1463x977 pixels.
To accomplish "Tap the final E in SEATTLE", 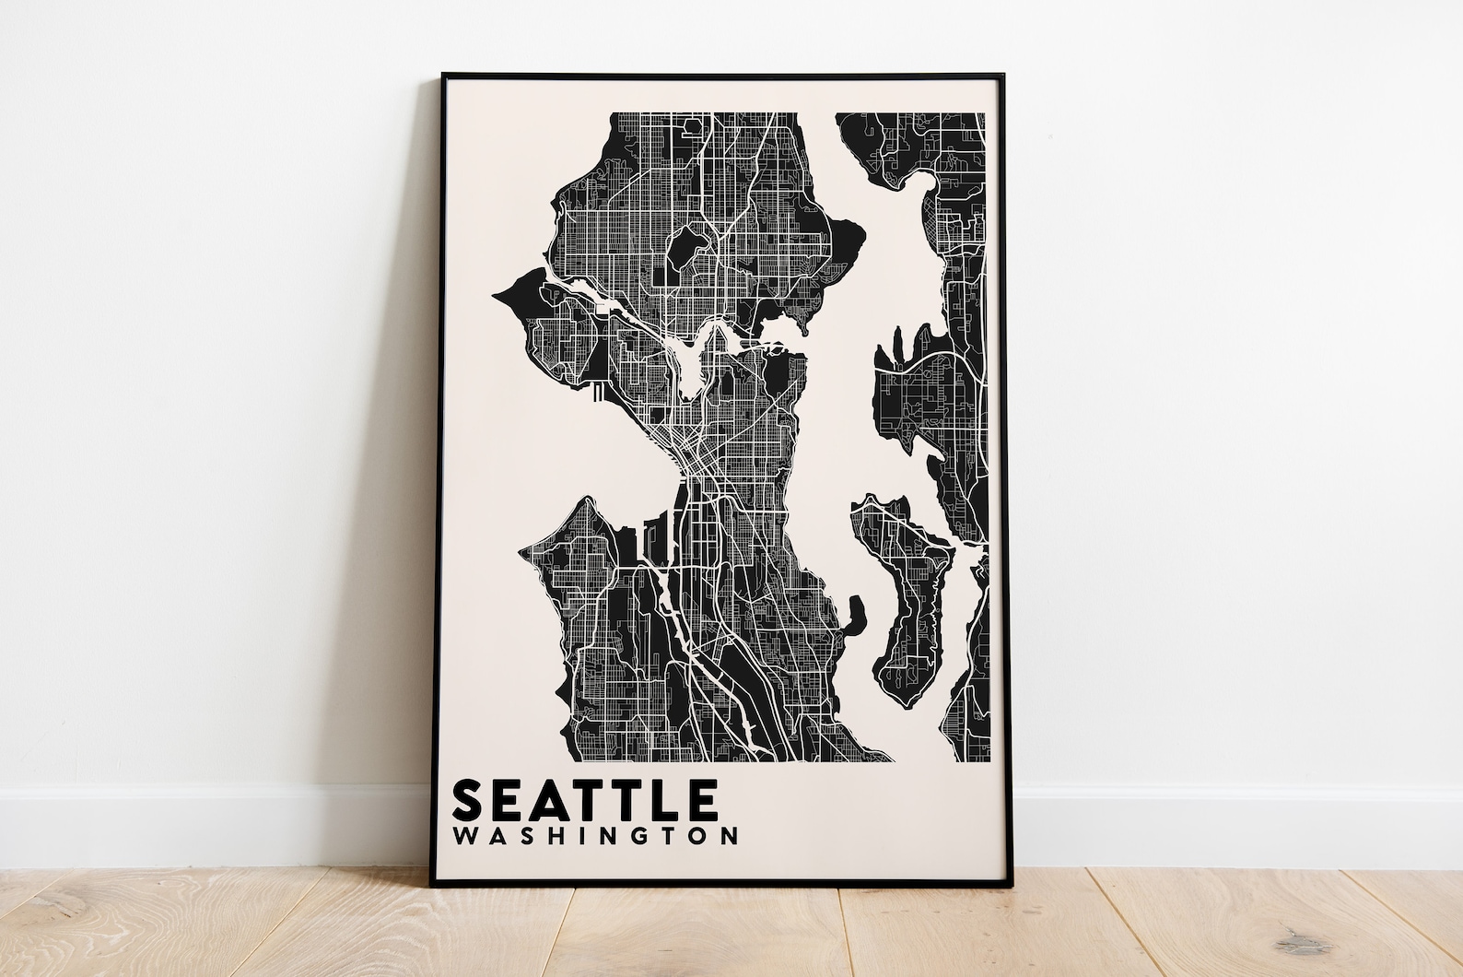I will pyautogui.click(x=699, y=799).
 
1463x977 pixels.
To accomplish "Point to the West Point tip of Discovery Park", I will pyautogui.click(x=498, y=295).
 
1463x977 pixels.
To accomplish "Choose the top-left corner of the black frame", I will pyautogui.click(x=443, y=74).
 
